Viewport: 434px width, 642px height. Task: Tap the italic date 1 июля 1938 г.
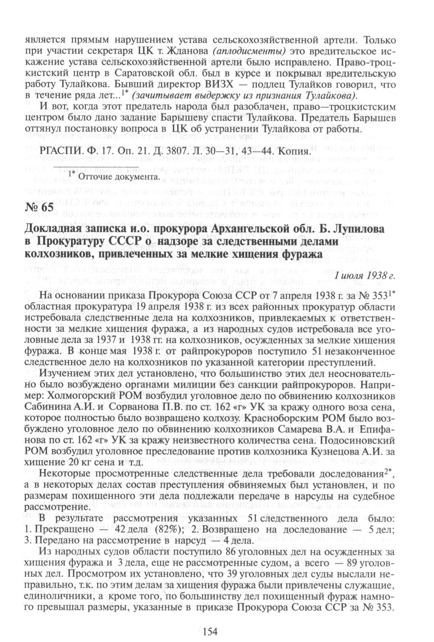(365, 275)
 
